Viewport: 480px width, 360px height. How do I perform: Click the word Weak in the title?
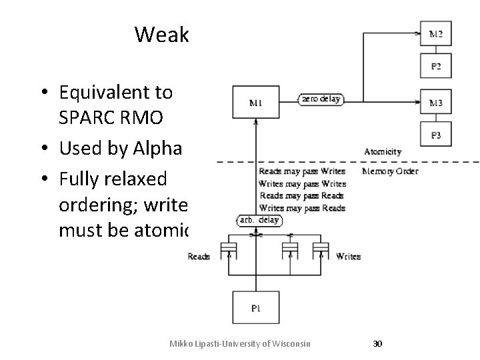pos(162,34)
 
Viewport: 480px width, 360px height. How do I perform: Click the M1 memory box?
pos(256,103)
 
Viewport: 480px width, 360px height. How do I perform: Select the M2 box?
pos(435,33)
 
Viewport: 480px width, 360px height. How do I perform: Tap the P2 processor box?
pos(435,66)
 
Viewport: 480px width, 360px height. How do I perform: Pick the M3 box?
pos(435,103)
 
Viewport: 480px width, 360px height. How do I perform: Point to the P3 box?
pos(435,135)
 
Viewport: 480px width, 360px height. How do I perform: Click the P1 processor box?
pos(256,308)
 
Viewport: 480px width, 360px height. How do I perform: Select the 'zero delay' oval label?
pos(320,99)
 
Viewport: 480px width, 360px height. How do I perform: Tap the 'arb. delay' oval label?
pos(259,220)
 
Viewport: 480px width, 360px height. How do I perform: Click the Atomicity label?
pos(383,152)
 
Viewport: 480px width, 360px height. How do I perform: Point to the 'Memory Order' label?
pos(390,171)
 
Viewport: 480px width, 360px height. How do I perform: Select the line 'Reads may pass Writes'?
pos(301,171)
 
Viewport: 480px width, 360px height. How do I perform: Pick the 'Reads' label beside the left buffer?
pos(199,256)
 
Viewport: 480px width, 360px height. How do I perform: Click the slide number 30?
pos(377,343)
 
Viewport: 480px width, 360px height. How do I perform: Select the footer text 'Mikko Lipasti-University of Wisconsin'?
pos(240,343)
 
